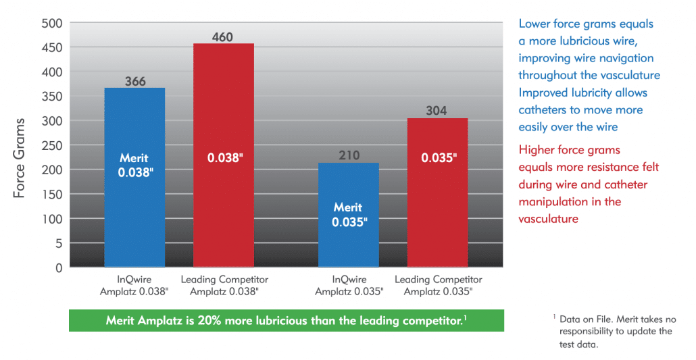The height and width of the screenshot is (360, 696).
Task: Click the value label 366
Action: [135, 81]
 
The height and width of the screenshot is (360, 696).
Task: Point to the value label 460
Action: [223, 36]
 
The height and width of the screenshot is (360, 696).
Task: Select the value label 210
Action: [349, 156]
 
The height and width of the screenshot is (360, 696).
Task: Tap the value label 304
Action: [438, 111]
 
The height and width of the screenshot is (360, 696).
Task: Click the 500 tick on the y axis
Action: [52, 24]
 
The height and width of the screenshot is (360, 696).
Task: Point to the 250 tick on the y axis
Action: [52, 145]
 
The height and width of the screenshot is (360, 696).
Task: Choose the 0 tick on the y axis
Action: [59, 268]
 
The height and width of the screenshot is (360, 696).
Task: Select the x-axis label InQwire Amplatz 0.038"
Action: [135, 286]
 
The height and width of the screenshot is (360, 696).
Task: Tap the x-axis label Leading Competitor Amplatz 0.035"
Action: [438, 286]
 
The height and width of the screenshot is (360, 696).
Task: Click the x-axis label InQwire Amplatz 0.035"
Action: [349, 286]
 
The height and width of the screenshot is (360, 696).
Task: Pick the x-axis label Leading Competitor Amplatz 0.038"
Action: [224, 286]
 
